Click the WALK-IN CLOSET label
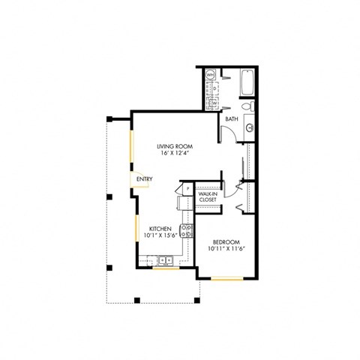click(x=207, y=196)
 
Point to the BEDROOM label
click(x=226, y=241)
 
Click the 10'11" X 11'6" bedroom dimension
click(x=226, y=248)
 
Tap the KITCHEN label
click(x=160, y=228)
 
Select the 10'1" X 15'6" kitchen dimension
click(x=160, y=235)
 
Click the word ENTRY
click(x=144, y=179)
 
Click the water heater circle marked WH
click(x=211, y=75)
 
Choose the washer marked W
click(x=214, y=103)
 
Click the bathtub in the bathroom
click(x=248, y=82)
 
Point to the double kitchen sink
click(x=163, y=261)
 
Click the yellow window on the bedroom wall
click(x=227, y=278)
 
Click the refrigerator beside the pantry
click(x=182, y=203)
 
